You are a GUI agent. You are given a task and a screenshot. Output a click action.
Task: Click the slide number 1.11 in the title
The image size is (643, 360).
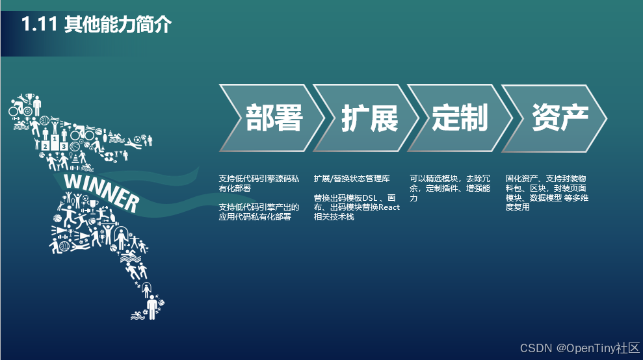point(40,25)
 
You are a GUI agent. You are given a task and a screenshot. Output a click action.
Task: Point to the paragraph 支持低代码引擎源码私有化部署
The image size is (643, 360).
point(259,183)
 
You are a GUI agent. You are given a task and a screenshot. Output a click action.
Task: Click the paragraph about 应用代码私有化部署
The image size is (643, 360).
point(259,212)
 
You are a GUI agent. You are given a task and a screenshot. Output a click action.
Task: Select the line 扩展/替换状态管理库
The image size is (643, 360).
point(352,178)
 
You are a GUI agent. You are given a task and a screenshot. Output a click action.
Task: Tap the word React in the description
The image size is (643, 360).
point(389,207)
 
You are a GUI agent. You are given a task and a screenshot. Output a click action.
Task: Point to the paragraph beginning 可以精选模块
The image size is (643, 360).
point(449,188)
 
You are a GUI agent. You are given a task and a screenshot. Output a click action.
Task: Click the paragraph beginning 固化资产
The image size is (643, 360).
point(546,192)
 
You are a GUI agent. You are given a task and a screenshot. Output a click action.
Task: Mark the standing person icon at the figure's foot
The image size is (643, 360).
point(151,307)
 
